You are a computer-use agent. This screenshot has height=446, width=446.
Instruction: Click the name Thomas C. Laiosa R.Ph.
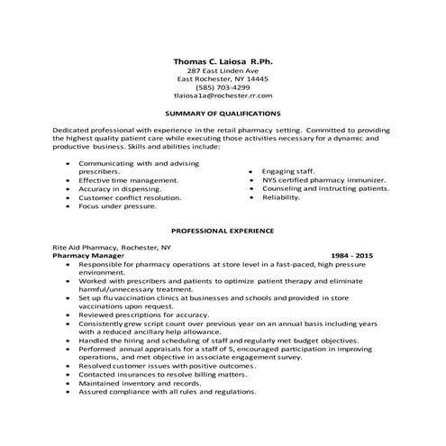(x=222, y=59)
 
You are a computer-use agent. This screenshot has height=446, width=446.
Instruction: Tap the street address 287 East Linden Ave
(x=223, y=69)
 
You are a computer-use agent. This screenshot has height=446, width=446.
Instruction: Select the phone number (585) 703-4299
(x=223, y=86)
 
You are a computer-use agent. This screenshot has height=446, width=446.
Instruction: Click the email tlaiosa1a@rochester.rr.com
(x=223, y=95)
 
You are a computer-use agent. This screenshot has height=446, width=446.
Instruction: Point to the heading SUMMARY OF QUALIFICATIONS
(x=223, y=114)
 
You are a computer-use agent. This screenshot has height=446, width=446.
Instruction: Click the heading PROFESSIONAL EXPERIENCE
(x=223, y=231)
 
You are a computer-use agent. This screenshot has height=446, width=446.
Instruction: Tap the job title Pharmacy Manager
(x=94, y=256)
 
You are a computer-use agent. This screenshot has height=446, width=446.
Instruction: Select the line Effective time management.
(x=128, y=179)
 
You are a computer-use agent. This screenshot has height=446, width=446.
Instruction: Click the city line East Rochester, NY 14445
(x=223, y=78)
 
